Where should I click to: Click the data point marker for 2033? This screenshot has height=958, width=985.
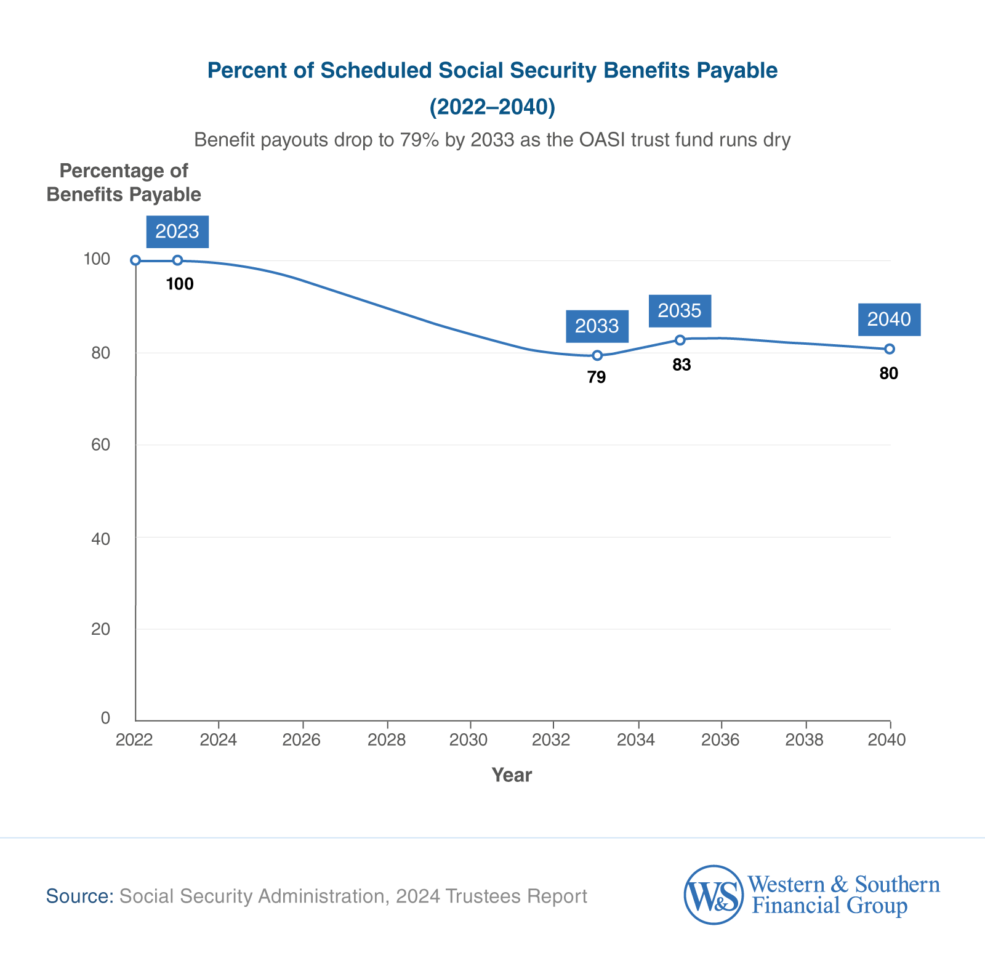(x=597, y=355)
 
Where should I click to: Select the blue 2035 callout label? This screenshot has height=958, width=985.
(x=680, y=311)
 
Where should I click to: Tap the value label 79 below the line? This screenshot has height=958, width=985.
(x=596, y=377)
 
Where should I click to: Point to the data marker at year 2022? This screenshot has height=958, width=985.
(x=135, y=260)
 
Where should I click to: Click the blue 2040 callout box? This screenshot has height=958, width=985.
(x=889, y=320)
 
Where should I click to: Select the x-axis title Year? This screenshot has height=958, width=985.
(x=511, y=775)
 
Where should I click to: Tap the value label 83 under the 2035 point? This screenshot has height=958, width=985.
(x=681, y=365)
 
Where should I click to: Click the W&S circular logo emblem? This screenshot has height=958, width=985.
(x=713, y=895)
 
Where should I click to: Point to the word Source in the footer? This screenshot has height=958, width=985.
(x=80, y=896)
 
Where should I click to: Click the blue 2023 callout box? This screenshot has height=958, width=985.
(x=177, y=231)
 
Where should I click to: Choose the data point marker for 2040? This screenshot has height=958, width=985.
(x=890, y=349)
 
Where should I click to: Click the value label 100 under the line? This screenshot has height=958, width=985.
(x=180, y=284)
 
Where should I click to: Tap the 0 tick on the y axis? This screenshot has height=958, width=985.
(x=105, y=718)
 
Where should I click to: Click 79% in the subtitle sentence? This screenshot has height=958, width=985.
(x=418, y=140)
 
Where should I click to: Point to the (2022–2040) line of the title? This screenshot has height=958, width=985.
(x=492, y=107)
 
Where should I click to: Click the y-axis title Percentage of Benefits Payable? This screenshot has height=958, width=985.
(x=124, y=182)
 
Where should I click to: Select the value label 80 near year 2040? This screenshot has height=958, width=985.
(x=888, y=373)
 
